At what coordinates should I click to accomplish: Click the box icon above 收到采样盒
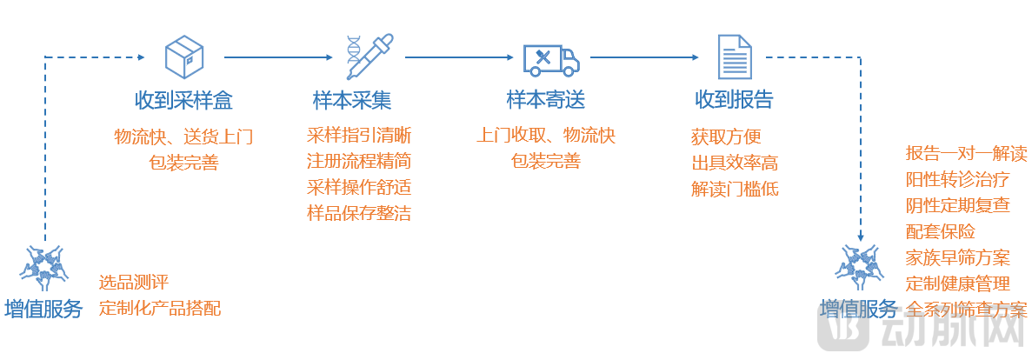[x=184, y=57]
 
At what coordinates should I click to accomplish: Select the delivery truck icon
[x=550, y=58]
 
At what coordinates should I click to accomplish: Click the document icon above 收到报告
[x=734, y=57]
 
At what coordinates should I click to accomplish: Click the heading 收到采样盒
[x=183, y=99]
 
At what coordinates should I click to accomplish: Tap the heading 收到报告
[x=733, y=99]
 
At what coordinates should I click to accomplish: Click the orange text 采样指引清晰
[x=359, y=136]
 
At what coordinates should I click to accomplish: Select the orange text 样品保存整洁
[x=359, y=213]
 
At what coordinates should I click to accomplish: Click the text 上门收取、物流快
[x=546, y=136]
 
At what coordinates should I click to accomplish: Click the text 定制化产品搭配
[x=160, y=308]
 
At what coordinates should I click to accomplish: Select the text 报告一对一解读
[x=966, y=154]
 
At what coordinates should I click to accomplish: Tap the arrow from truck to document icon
[x=644, y=57]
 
